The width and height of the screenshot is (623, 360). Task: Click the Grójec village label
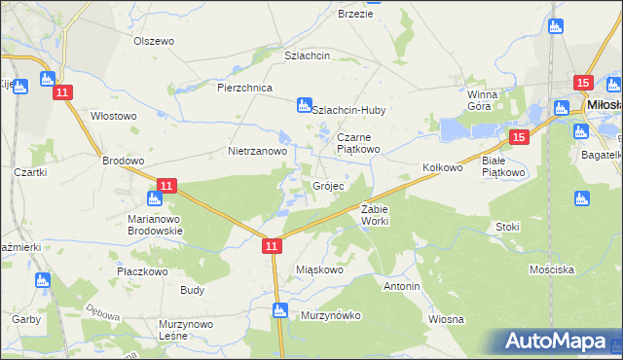click(327, 185)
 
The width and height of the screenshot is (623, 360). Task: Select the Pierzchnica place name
click(243, 87)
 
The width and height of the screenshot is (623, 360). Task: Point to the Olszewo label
click(153, 41)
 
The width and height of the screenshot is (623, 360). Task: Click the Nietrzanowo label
click(257, 152)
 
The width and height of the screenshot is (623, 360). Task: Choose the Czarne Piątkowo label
click(359, 143)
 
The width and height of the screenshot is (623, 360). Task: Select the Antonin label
click(401, 287)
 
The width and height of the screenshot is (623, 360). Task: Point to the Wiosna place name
click(445, 319)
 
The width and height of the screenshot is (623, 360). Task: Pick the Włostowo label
click(113, 116)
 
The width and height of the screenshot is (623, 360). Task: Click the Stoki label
click(507, 227)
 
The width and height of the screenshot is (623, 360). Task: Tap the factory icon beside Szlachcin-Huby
click(303, 104)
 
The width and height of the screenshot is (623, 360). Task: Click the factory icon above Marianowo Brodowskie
click(152, 199)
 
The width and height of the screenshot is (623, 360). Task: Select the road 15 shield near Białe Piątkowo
click(518, 138)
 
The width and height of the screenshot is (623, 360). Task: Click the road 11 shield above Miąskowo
click(272, 248)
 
